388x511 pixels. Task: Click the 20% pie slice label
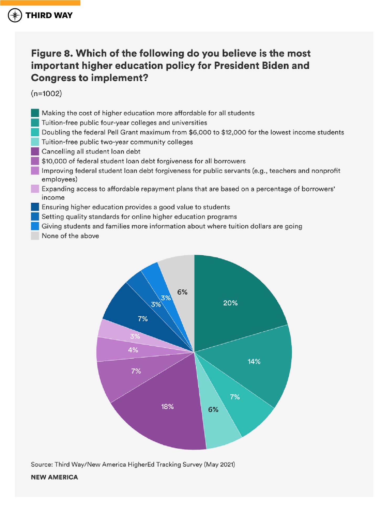pos(230,303)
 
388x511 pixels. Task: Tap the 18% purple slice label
pos(167,406)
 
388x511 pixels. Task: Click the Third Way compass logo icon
pos(15,15)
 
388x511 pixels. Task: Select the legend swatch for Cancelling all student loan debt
pos(35,151)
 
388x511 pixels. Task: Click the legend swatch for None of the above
pos(35,236)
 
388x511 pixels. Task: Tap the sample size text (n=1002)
pos(46,94)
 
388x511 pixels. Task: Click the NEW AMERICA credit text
pos(54,477)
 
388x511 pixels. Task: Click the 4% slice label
pos(133,350)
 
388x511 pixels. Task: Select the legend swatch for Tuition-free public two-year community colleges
pos(35,142)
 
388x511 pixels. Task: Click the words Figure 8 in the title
pos(52,53)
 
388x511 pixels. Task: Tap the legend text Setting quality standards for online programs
pos(139,217)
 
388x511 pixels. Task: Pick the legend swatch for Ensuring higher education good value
pos(35,207)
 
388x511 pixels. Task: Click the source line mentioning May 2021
pos(133,464)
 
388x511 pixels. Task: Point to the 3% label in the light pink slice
pos(135,336)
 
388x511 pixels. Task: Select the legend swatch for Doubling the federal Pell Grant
pos(35,132)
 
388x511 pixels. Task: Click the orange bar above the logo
pos(40,3)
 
